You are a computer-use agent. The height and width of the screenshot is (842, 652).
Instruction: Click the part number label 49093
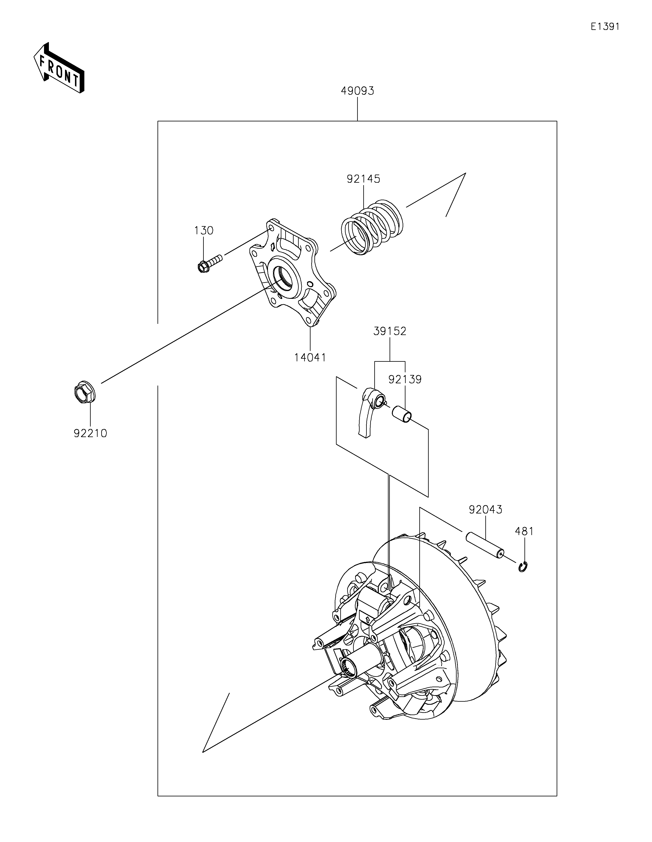pos(357,91)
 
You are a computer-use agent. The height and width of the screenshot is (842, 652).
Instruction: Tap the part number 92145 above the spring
pos(363,179)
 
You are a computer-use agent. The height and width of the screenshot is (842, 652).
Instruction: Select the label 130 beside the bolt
pos(204,231)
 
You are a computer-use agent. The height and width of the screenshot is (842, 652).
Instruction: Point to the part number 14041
pos(310,358)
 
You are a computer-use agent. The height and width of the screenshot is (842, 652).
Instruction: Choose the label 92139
pos(405,379)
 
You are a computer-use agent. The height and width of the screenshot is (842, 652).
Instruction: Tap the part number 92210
pos(90,433)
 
